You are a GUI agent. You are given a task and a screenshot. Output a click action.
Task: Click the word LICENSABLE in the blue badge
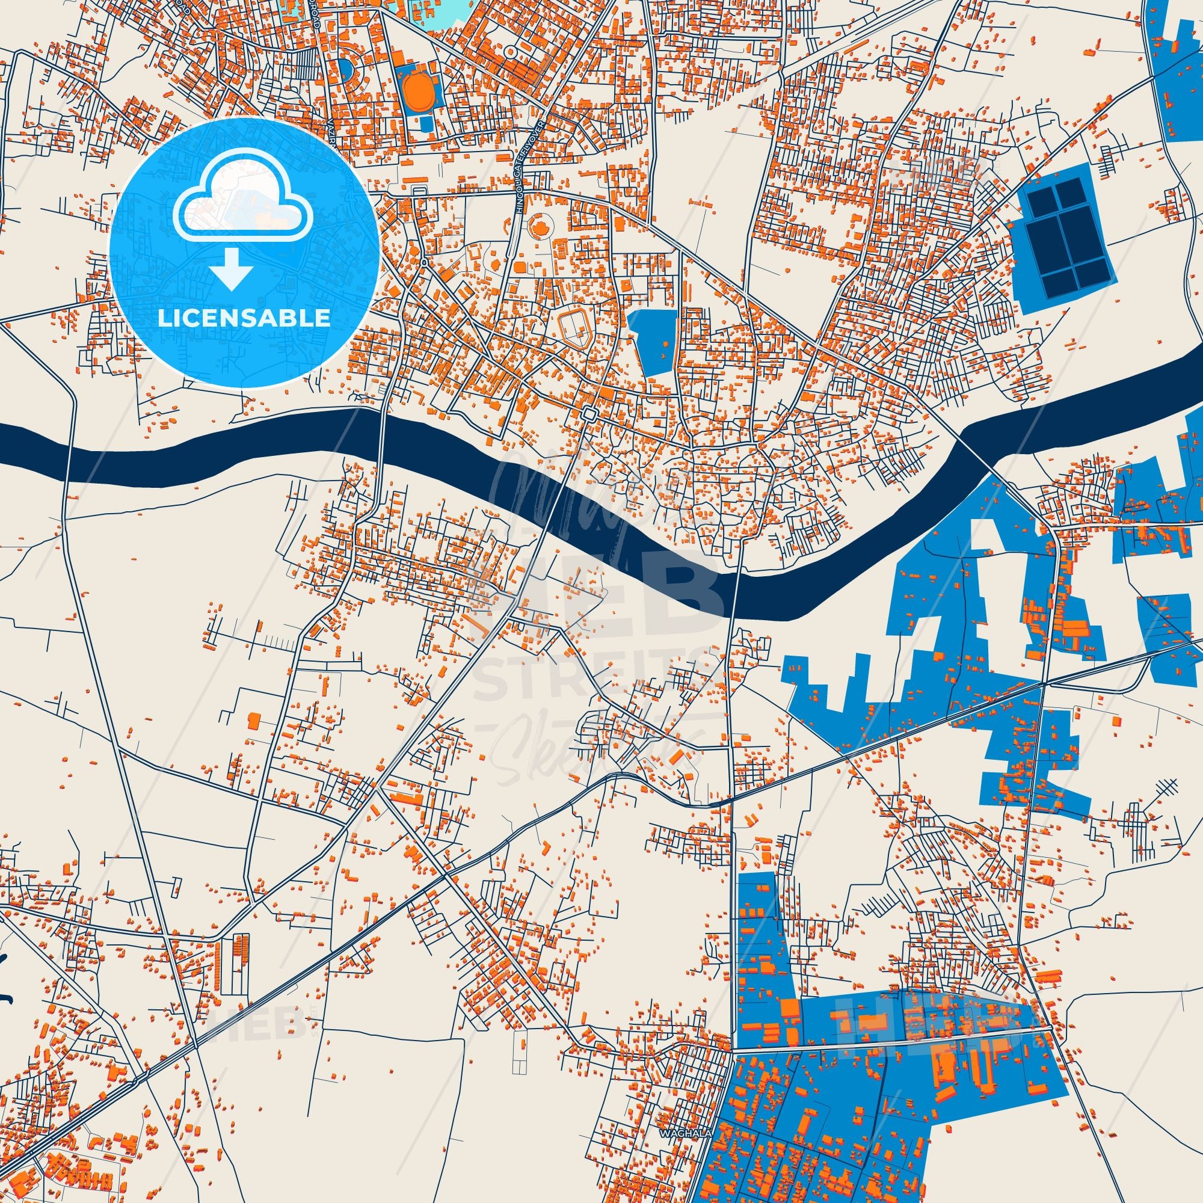point(244,318)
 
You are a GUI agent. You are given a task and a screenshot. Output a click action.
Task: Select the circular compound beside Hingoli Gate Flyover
point(539,226)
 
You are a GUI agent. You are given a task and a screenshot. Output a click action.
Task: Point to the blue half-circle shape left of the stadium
point(345,70)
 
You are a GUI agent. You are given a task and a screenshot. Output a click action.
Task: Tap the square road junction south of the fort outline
point(588,413)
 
